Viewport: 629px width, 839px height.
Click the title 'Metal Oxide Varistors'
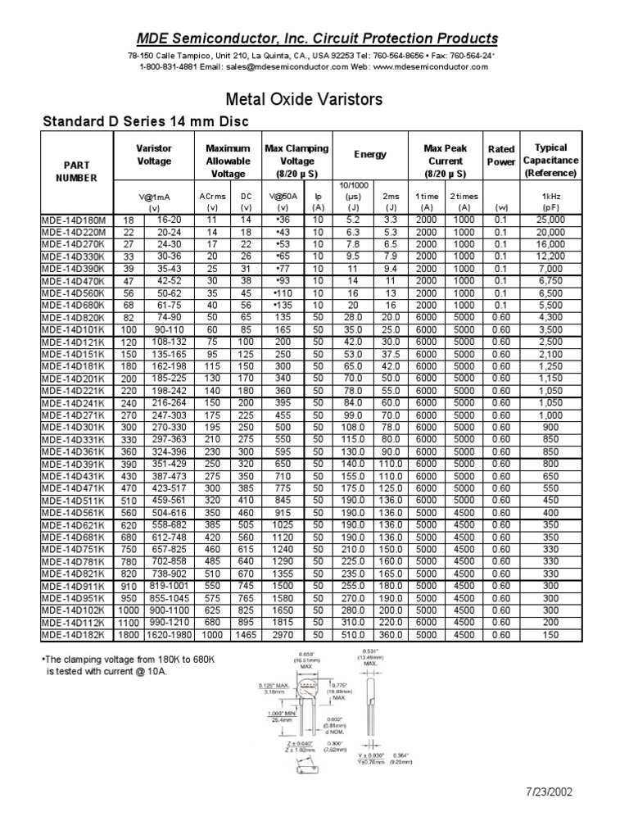click(314, 100)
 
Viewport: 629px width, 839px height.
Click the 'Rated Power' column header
click(501, 156)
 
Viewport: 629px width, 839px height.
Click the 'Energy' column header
click(370, 154)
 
